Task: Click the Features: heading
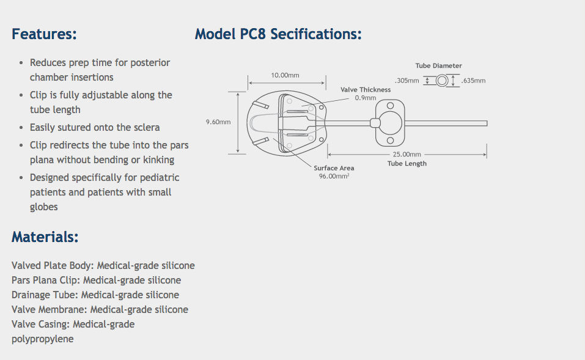[x=44, y=34]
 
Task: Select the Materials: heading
[x=45, y=237]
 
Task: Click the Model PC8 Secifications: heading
[x=278, y=34]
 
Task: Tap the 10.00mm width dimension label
[x=285, y=75]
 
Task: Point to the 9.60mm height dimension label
[x=218, y=122]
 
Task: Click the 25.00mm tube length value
[x=407, y=154]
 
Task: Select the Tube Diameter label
[x=438, y=66]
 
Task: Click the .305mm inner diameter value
[x=407, y=81]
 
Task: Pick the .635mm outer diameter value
[x=474, y=81]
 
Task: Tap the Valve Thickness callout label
[x=366, y=90]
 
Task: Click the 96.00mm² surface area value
[x=334, y=176]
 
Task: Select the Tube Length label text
[x=407, y=164]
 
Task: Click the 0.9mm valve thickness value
[x=366, y=98]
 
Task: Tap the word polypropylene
[x=42, y=339]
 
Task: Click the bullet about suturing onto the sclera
[x=95, y=127]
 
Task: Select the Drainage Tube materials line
[x=95, y=295]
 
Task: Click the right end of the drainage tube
[x=485, y=123]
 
